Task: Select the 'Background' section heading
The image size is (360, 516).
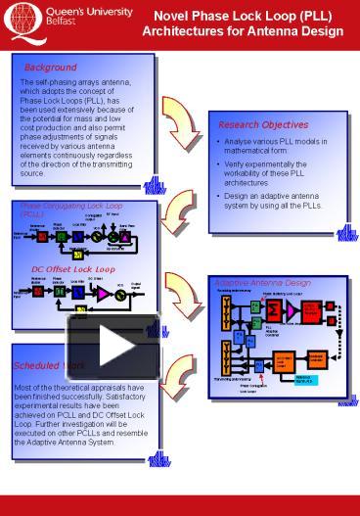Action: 51,68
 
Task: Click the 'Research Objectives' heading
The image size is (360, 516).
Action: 262,125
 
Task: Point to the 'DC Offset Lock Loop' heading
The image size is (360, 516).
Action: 72,268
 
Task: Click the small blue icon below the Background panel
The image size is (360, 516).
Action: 153,185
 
